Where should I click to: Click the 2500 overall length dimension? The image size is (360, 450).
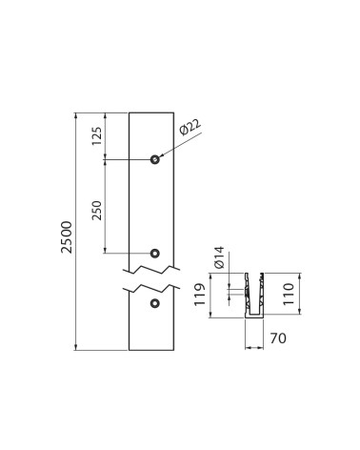point(67,237)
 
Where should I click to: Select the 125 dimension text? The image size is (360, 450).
point(97,135)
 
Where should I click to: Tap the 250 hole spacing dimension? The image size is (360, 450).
point(97,211)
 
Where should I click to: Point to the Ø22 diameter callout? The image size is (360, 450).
point(190,127)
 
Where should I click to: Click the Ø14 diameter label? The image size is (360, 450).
point(219,257)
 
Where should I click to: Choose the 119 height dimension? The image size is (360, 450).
point(200,295)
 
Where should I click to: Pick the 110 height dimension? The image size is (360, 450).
point(289,294)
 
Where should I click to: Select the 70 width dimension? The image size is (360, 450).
point(278,338)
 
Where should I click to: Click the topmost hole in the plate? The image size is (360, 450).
point(154,159)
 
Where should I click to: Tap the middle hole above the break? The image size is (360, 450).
point(154,253)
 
